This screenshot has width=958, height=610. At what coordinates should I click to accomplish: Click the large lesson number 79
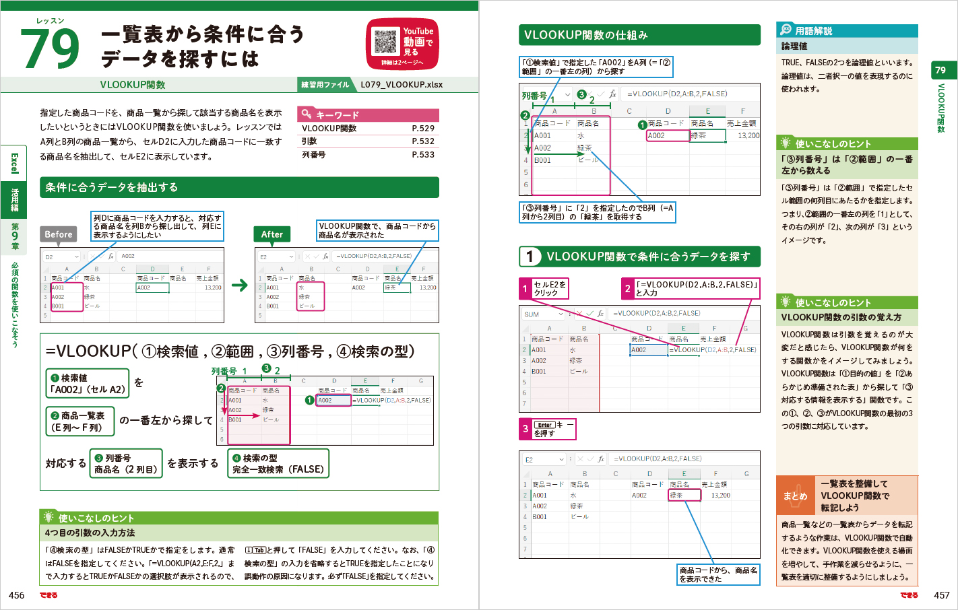[x=50, y=48]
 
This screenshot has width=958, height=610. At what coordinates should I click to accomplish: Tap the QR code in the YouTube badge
[x=385, y=42]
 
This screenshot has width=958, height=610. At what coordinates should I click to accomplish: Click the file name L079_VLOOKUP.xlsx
[x=402, y=85]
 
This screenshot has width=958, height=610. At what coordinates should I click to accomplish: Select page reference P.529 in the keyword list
[x=423, y=129]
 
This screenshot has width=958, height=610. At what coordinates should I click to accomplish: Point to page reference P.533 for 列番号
[x=423, y=155]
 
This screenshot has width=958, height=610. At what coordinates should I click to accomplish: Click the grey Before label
[x=59, y=234]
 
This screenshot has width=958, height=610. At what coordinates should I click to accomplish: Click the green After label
[x=272, y=234]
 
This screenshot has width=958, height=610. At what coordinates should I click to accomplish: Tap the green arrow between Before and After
[x=240, y=285]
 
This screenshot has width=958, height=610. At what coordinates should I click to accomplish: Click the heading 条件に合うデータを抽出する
[x=112, y=188]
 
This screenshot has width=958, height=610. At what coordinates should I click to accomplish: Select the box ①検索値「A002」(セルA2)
[x=87, y=383]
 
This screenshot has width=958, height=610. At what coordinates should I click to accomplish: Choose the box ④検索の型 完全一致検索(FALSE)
[x=278, y=463]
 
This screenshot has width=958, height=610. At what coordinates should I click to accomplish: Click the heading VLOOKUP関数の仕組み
[x=585, y=35]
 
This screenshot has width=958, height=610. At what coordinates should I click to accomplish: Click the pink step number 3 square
[x=525, y=429]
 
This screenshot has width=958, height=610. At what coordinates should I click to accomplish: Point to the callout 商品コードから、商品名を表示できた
[x=718, y=574]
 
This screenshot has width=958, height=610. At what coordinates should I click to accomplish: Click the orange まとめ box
[x=795, y=496]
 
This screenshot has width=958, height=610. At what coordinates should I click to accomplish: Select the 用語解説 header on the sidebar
[x=814, y=31]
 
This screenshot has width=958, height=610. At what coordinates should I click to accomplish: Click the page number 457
[x=941, y=595]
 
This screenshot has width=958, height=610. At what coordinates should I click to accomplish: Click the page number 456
[x=17, y=595]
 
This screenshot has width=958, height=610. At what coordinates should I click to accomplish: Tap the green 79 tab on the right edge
[x=940, y=70]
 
